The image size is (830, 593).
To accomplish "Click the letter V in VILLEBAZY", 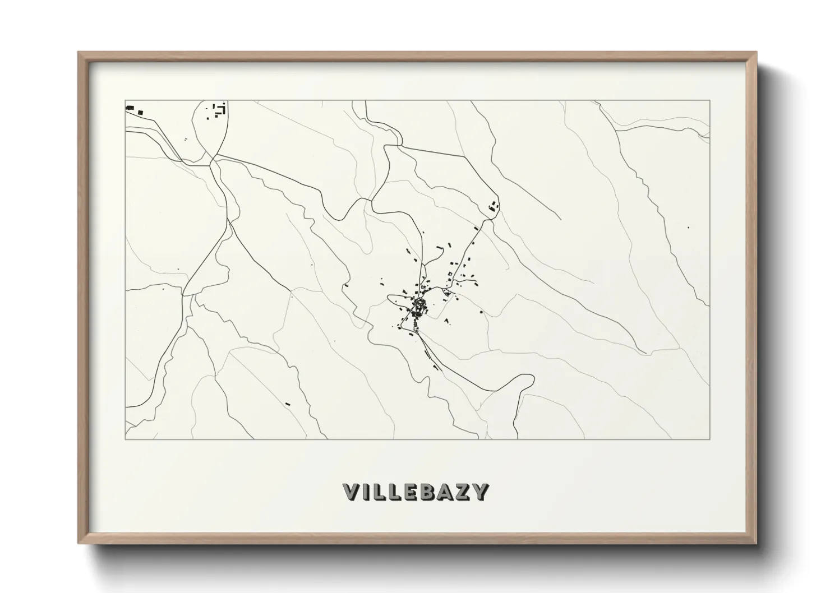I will pos(351,492).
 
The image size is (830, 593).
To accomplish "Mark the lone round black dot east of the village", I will pos(481,311).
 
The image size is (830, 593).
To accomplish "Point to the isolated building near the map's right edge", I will pos(689,228).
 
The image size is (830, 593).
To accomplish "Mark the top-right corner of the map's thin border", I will pos(710,100).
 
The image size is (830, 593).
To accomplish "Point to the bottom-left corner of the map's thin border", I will pos(125,439).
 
